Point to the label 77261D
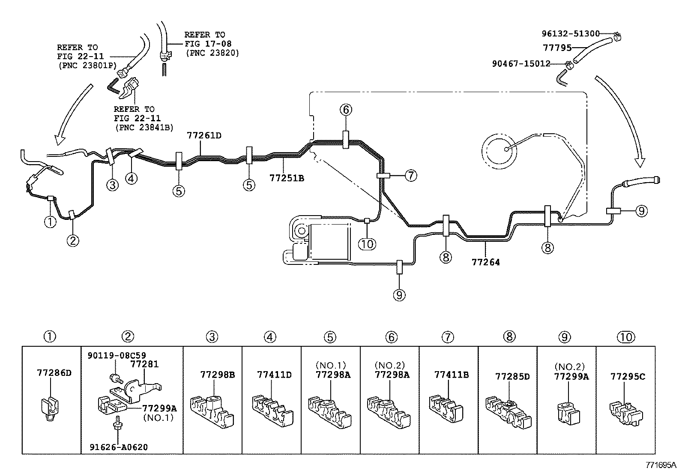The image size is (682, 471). tap(204, 135)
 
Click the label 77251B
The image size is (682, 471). tap(287, 177)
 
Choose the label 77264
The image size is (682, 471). tap(485, 261)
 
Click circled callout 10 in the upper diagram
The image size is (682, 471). tap(367, 244)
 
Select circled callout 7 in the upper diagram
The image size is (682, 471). tap(410, 175)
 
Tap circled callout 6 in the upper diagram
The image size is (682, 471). tap(346, 110)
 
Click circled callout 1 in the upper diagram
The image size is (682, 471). tap(50, 222)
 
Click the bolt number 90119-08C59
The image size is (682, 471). tap(117, 355)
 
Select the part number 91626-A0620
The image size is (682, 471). tap(119, 447)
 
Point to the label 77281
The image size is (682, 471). tap(144, 364)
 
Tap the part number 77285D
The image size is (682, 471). tap(512, 377)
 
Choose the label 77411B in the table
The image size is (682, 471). tap(451, 375)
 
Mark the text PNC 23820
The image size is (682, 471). tap(212, 53)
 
